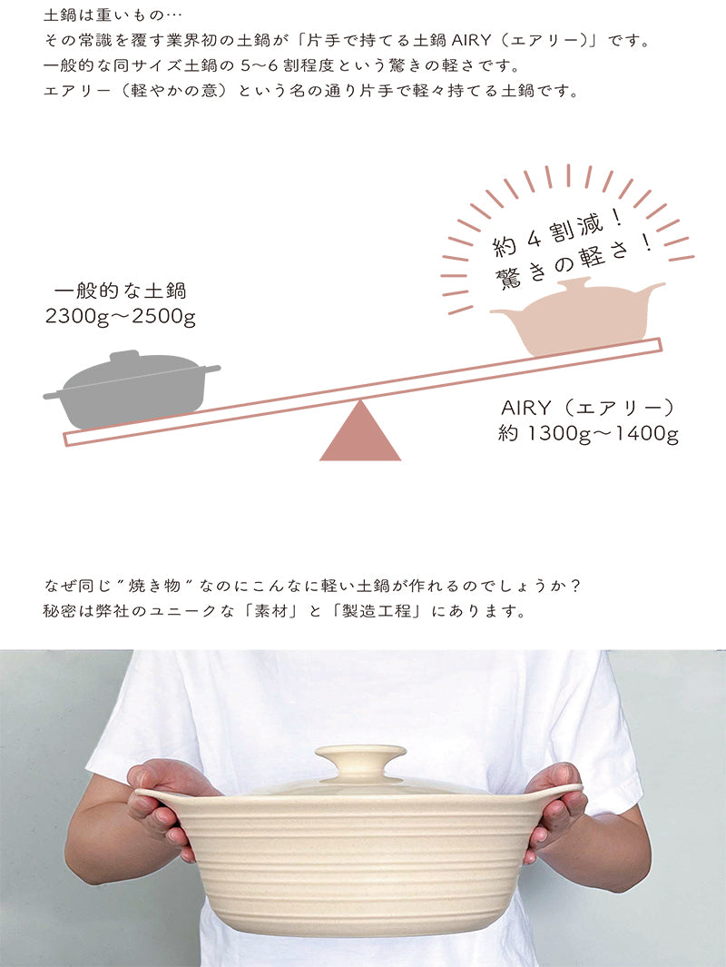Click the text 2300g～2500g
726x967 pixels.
[120, 317]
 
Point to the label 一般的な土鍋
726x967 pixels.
[120, 291]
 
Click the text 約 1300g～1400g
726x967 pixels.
[589, 433]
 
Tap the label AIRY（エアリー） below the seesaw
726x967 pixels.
[588, 408]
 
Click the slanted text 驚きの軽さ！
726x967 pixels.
[574, 263]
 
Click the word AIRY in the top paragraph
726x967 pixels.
[472, 41]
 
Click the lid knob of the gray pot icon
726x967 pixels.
[125, 357]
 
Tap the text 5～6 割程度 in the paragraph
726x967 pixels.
[287, 65]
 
